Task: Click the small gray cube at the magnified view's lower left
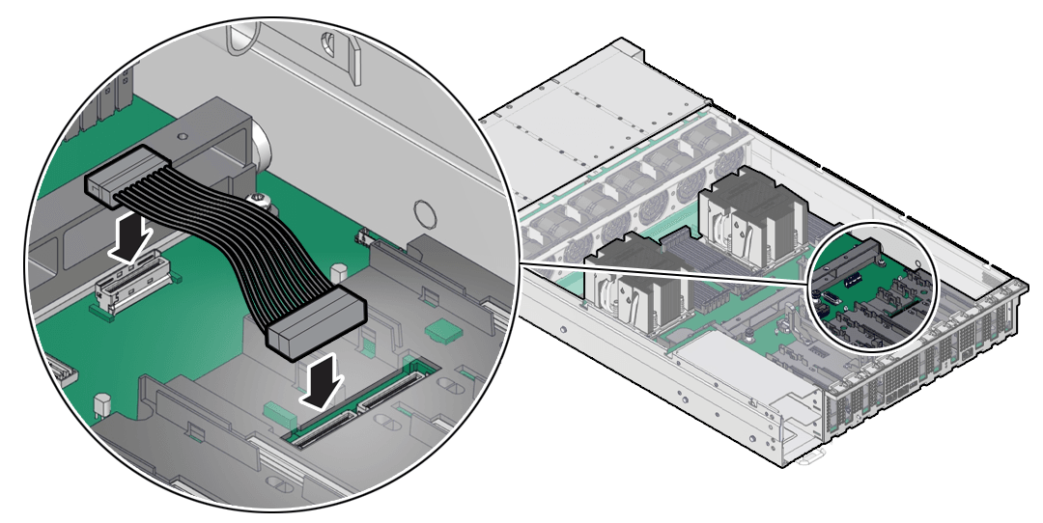pyautogui.click(x=99, y=399)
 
